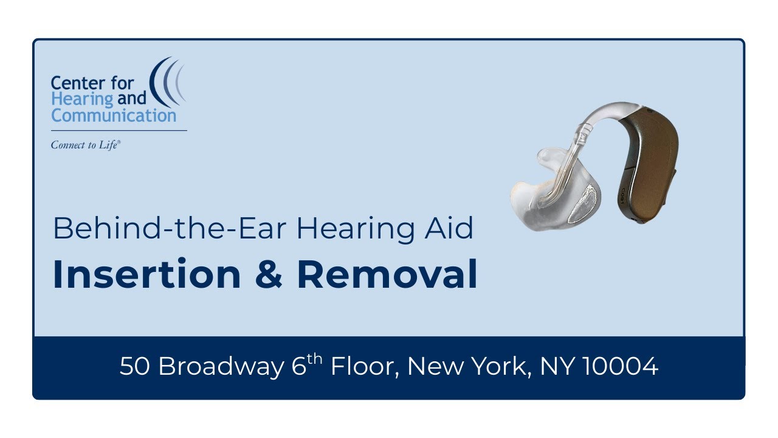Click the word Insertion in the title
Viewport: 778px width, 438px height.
coord(146,274)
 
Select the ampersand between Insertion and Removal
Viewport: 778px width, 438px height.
coord(268,275)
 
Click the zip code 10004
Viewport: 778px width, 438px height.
coord(619,367)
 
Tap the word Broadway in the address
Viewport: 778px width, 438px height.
coord(221,367)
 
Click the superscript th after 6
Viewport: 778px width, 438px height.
coord(314,359)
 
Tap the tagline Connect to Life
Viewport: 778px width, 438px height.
coord(86,145)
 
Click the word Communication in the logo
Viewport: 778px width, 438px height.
coord(114,115)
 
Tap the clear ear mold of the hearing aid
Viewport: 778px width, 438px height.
coord(547,195)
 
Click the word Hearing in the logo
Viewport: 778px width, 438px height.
coord(82,99)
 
